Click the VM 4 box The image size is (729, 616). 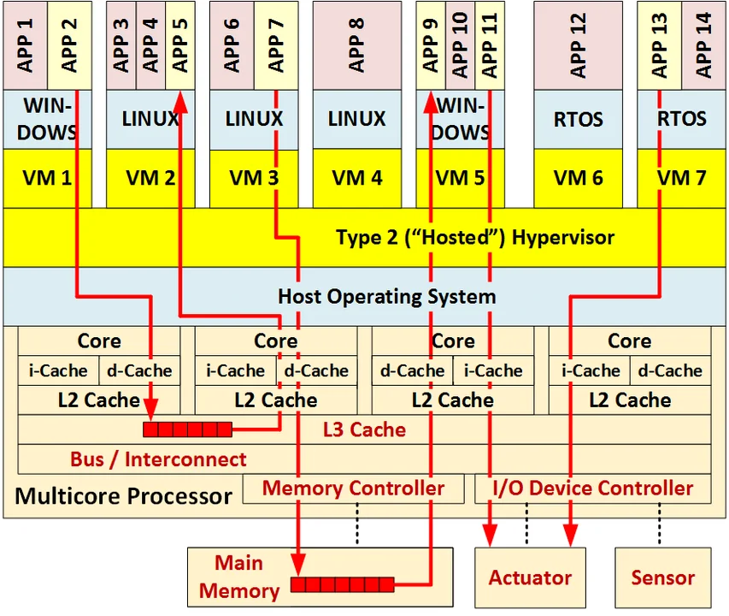pos(356,178)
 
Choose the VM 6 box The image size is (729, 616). pos(579,178)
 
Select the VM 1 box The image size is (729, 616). pos(46,178)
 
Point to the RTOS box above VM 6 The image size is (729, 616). pos(579,119)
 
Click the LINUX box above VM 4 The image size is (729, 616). pos(356,119)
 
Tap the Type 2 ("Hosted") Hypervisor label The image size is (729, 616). pos(474,237)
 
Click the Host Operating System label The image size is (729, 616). pos(386,297)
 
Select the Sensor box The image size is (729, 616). pos(662,577)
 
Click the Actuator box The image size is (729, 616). pos(530,577)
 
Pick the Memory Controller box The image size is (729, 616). pos(353,489)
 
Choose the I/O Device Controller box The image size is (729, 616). pos(593,489)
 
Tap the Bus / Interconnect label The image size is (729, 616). pos(158,459)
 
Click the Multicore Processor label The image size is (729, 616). pos(124,495)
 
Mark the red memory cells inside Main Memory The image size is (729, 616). pos(342,585)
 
